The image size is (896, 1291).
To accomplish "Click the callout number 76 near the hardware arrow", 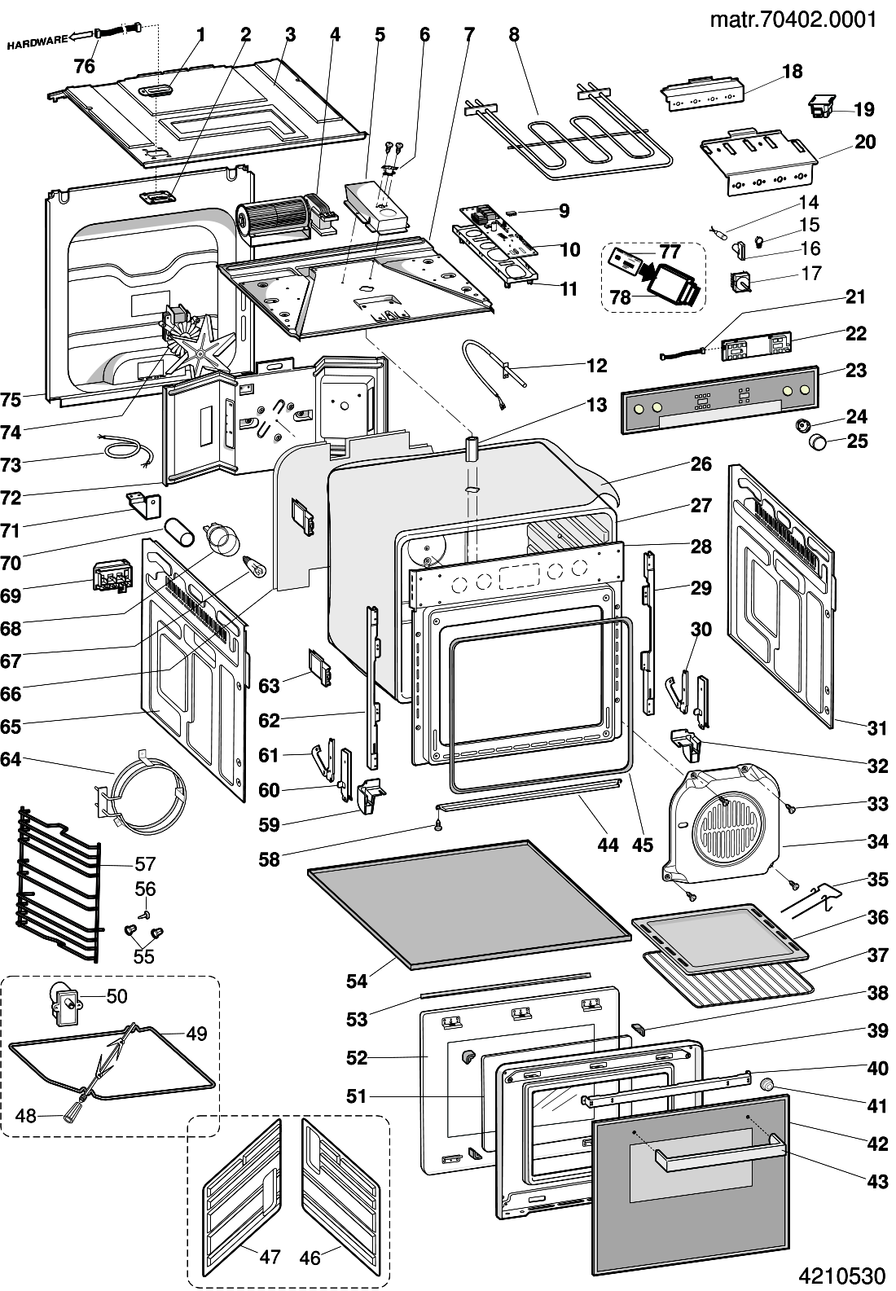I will (85, 67).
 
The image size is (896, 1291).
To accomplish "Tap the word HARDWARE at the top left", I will (37, 43).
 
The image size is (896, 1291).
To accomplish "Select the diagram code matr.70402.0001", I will (793, 18).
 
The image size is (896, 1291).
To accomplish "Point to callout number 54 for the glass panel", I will (357, 981).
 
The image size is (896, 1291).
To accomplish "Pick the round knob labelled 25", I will (816, 442).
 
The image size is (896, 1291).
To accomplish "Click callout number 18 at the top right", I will (792, 72).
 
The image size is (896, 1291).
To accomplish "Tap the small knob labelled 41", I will (766, 1085).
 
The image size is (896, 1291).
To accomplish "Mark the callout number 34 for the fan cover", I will (877, 841).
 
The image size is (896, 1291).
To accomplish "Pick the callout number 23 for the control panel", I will (855, 371).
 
